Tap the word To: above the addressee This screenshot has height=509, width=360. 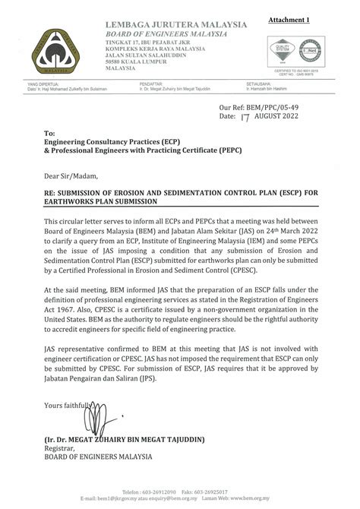(50, 132)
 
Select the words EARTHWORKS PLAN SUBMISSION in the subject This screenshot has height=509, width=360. (101, 202)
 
